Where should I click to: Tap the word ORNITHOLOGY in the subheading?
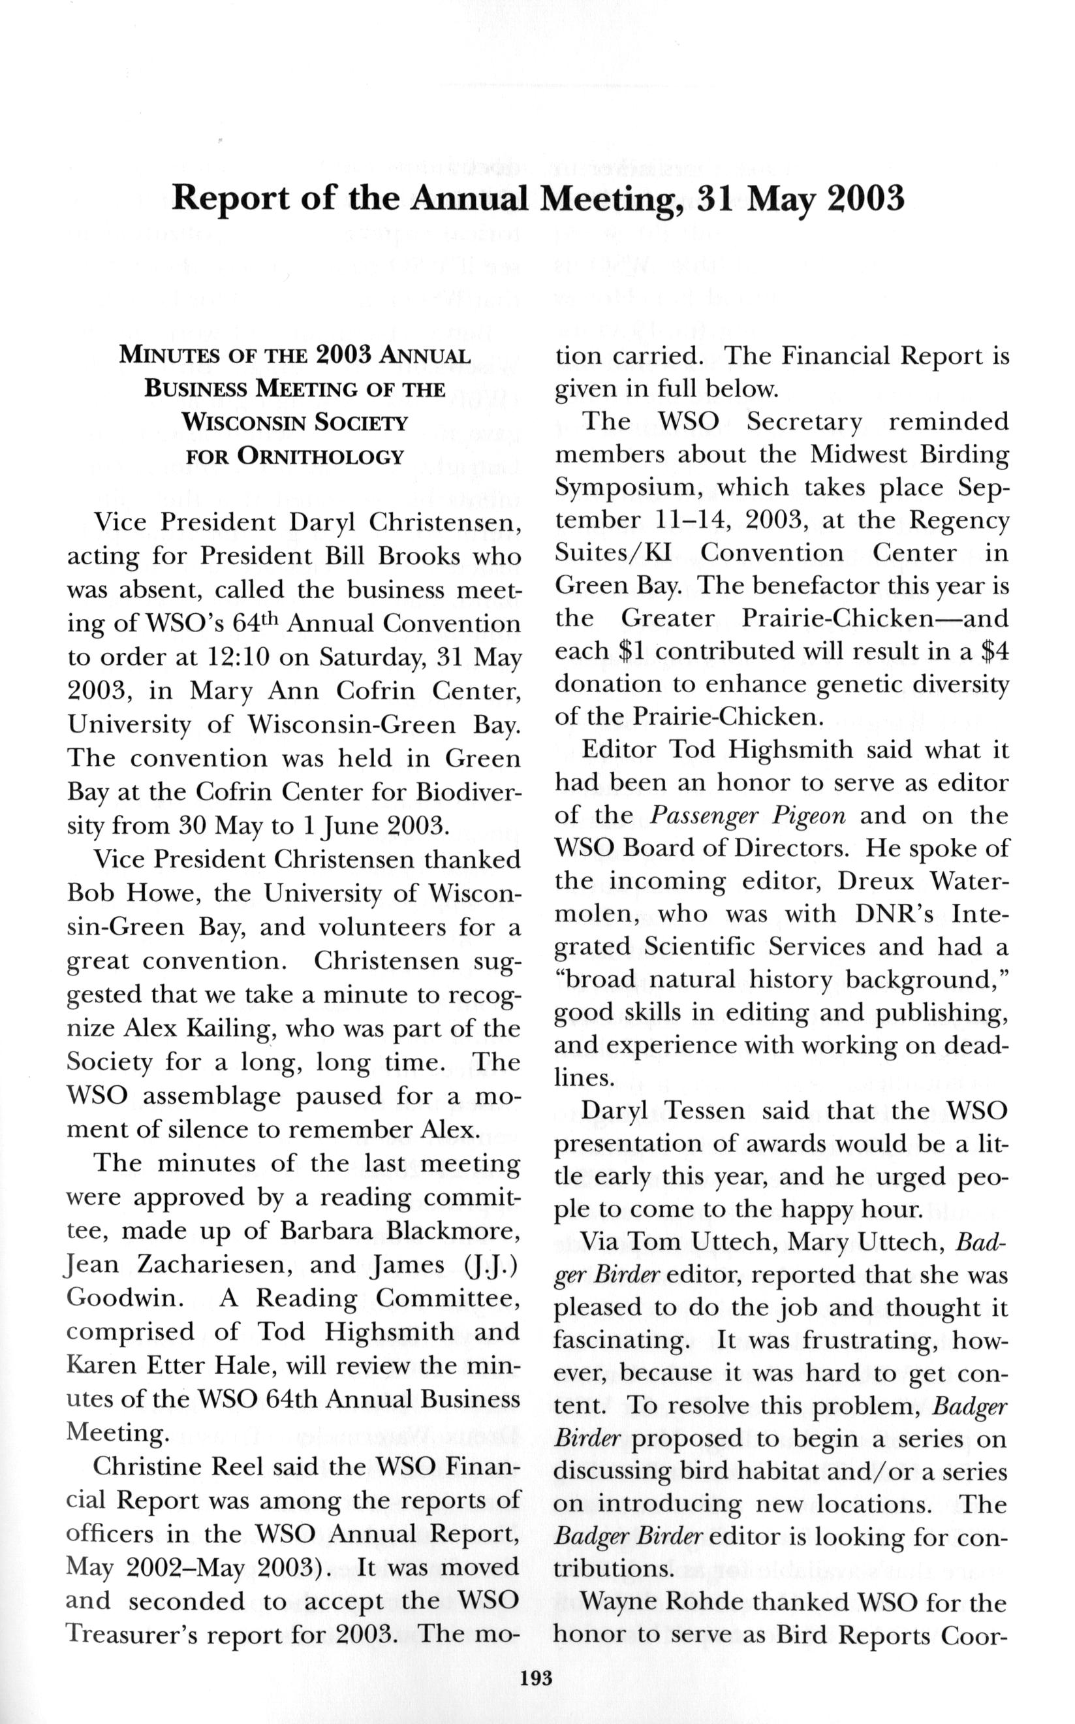pyautogui.click(x=294, y=456)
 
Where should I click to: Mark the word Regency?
pyautogui.click(x=960, y=520)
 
